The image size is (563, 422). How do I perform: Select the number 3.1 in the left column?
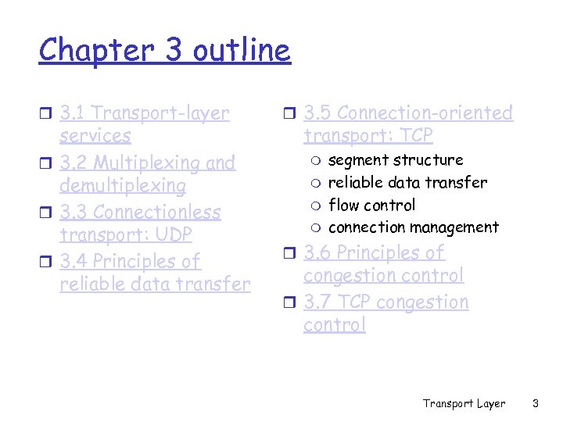coord(73,113)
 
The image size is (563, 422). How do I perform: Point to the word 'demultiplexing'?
coord(123,186)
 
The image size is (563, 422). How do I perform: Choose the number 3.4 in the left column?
coord(74,261)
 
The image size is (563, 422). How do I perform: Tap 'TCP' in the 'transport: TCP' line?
coord(414,136)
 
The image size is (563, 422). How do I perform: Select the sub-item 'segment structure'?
coord(396,160)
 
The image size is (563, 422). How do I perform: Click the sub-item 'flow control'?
coord(371,205)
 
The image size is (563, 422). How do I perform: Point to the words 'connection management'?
coord(413,227)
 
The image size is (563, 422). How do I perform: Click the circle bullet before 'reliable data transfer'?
coord(315,183)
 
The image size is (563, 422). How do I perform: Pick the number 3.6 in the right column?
coord(317,253)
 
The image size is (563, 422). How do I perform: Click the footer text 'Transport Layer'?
coord(464,403)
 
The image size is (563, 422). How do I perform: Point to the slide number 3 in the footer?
coord(536,403)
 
